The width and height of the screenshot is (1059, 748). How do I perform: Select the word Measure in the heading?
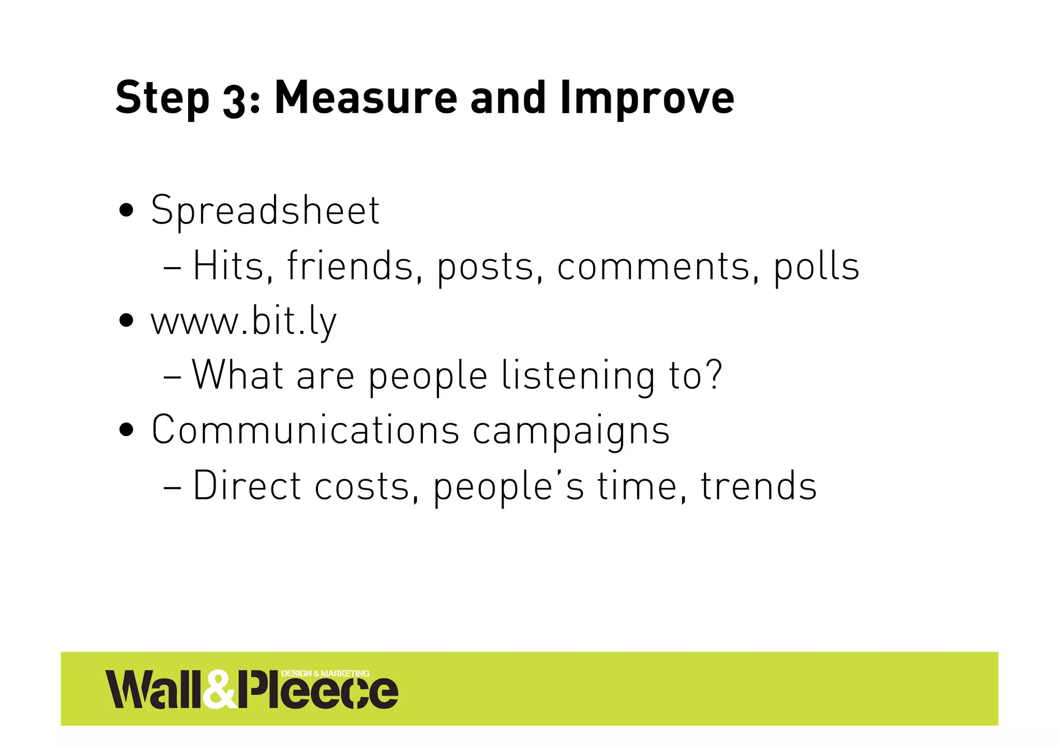366,98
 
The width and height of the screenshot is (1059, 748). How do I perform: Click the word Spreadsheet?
265,211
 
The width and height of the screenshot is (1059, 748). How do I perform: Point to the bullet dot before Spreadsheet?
126,211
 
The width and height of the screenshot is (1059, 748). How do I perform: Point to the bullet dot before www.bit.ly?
126,321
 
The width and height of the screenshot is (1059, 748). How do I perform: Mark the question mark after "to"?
714,375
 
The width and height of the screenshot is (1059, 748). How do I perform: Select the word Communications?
305,430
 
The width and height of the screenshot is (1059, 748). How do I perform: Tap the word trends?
758,486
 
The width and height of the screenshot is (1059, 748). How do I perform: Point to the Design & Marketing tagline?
325,673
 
